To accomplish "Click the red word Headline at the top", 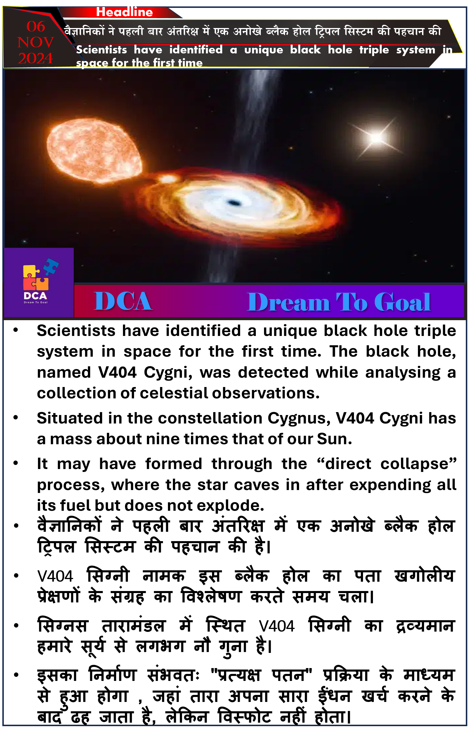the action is click(x=124, y=12).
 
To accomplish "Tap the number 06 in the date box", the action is click(x=36, y=27).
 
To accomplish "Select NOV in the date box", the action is click(x=36, y=42).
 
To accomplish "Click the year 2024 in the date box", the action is click(x=35, y=58).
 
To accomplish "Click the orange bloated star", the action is click(x=94, y=151).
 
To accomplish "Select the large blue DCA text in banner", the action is click(x=123, y=301).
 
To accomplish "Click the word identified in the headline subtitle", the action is click(x=196, y=50).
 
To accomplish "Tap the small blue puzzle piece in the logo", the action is click(x=51, y=266).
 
